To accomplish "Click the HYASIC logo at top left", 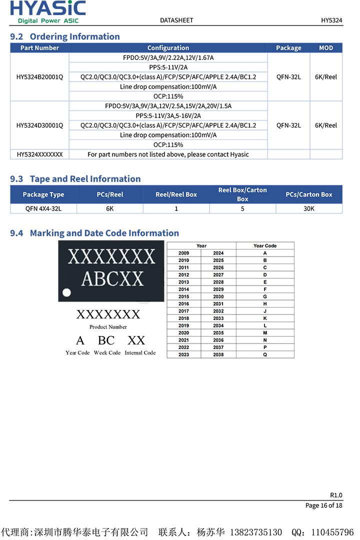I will (48, 11).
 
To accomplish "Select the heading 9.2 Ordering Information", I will (65, 36).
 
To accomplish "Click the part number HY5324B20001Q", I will (39, 77).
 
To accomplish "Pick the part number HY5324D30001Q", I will (39, 125).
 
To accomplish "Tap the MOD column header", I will (326, 48).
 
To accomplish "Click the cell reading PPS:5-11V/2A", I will (168, 67).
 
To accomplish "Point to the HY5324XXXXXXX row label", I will (39, 154).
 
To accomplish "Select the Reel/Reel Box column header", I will (176, 194).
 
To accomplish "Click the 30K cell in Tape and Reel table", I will (309, 208).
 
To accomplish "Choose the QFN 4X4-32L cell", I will (43, 208).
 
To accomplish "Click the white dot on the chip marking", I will (66, 292).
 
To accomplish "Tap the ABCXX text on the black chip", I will (112, 278).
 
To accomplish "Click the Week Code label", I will (107, 352).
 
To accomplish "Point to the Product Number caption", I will (108, 327).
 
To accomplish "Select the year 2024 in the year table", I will (218, 253).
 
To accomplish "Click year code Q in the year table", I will (265, 354).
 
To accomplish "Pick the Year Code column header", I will (265, 245).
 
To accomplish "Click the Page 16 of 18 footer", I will (323, 505).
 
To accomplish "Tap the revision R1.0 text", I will (336, 495).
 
